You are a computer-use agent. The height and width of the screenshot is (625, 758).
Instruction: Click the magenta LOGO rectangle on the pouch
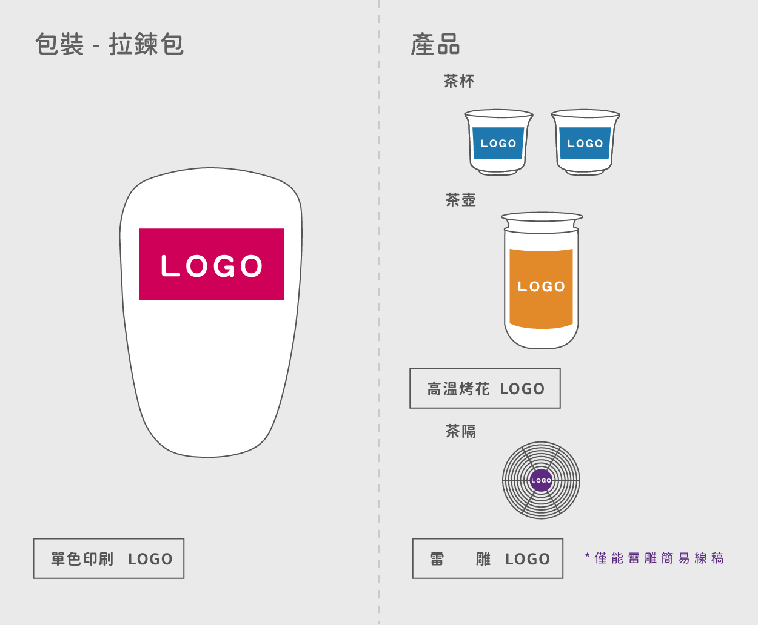212,264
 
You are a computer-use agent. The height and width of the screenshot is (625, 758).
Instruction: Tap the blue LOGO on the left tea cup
498,143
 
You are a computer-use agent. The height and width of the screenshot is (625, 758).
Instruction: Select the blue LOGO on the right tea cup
585,143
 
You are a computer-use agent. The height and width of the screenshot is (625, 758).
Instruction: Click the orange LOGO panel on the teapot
542,288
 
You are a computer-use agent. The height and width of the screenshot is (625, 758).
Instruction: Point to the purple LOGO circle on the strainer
542,480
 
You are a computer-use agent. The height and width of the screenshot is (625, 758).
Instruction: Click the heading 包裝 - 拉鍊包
110,44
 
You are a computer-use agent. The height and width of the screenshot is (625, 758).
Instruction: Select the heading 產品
435,44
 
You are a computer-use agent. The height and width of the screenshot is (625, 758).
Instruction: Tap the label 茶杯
459,81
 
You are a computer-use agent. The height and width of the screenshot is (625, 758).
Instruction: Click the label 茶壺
461,200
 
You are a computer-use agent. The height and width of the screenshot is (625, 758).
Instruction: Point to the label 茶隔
461,431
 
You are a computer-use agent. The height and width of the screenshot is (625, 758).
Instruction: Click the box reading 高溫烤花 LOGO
485,388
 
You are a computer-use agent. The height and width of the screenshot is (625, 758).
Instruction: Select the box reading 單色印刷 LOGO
109,558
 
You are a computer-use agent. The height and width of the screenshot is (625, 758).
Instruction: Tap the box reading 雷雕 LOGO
488,558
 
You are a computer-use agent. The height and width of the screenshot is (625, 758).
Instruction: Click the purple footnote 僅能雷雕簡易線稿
659,558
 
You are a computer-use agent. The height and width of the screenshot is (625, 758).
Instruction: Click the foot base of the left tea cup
498,173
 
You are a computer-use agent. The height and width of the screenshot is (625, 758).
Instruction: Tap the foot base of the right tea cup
585,173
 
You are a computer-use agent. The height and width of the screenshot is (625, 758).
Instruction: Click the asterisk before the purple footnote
587,555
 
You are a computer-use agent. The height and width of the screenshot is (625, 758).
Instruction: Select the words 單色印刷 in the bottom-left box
82,558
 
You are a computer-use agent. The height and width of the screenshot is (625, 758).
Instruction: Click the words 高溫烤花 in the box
458,389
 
